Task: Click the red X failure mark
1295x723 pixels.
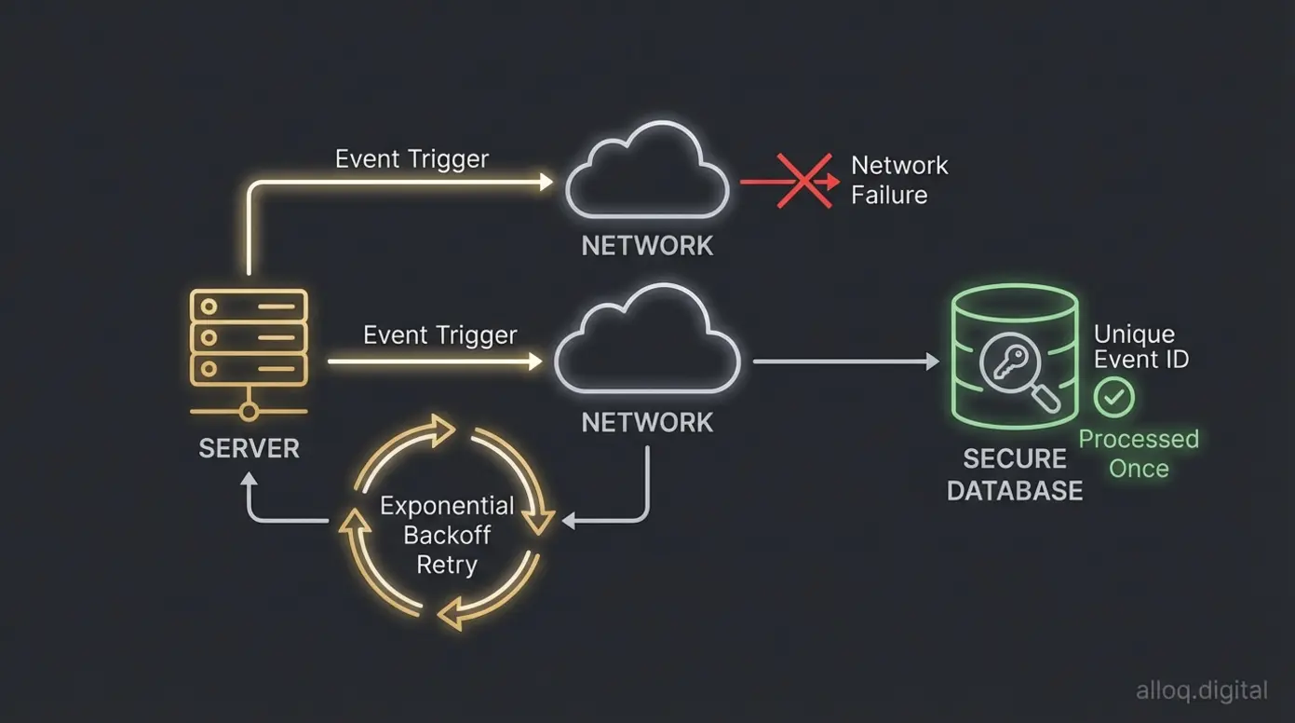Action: (x=803, y=181)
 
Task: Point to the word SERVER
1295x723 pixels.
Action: (x=249, y=448)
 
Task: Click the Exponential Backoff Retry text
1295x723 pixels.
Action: (x=447, y=535)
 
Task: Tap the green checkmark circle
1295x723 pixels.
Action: (x=1113, y=398)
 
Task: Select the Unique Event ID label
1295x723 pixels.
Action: (x=1140, y=347)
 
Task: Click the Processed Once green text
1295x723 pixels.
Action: (x=1138, y=453)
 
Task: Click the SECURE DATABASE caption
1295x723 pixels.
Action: (x=1015, y=474)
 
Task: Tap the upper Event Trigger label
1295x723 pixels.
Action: (x=411, y=158)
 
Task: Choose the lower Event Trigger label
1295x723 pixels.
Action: (x=439, y=334)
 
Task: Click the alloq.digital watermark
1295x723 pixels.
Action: (x=1201, y=690)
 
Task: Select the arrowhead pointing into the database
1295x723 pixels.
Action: (x=930, y=361)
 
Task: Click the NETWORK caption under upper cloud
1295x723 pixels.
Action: (x=647, y=246)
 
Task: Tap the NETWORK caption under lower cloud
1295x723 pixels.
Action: (x=647, y=422)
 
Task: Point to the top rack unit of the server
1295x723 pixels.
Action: (x=249, y=306)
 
